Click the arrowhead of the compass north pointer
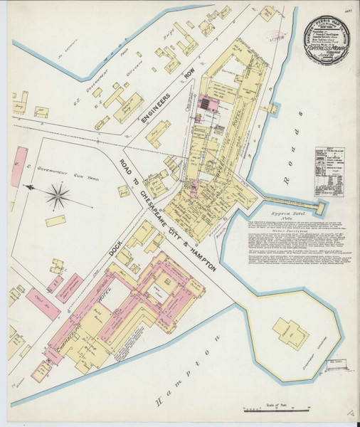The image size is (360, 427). click(31, 187)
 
